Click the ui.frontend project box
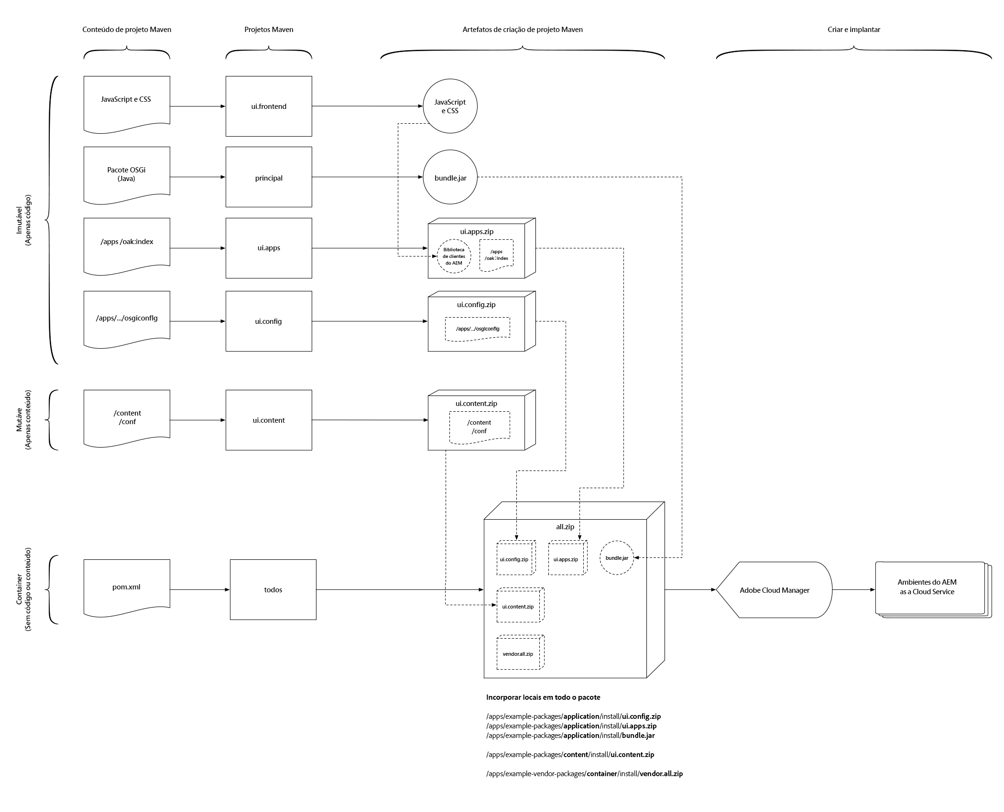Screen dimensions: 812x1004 pos(269,106)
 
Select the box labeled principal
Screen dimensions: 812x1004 pos(269,177)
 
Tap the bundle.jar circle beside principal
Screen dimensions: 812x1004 pos(450,178)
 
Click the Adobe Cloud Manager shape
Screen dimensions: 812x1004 pos(775,590)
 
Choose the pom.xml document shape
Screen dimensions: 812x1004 pos(127,587)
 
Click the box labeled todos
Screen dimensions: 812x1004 pos(273,589)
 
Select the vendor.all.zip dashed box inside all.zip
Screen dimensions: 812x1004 pos(519,653)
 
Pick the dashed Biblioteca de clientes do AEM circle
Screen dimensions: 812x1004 pos(454,256)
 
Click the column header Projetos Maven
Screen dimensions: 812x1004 pos(269,30)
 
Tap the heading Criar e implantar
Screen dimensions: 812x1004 pos(853,30)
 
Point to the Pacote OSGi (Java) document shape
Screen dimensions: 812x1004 pos(127,174)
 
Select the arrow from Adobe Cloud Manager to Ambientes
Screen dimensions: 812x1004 pos(853,590)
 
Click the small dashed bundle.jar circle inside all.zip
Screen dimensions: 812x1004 pos(617,558)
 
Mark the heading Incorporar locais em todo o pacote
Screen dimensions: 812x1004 pos(543,697)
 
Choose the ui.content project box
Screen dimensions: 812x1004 pos(269,420)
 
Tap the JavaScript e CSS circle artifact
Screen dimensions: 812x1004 pos(450,106)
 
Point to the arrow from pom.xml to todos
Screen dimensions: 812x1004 pos(200,590)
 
